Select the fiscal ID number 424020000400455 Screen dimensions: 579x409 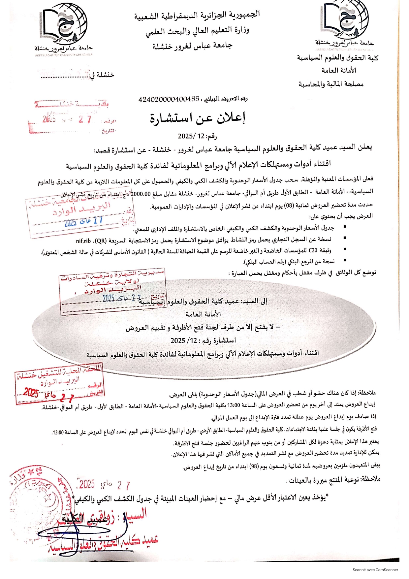[x=169, y=99]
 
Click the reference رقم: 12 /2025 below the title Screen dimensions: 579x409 [x=197, y=136]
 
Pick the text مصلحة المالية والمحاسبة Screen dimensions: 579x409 [x=331, y=84]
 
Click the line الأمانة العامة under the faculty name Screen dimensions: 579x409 [x=339, y=71]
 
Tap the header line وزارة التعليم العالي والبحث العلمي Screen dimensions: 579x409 [x=197, y=31]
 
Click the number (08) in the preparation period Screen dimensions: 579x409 [x=289, y=206]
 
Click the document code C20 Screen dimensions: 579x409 [x=313, y=250]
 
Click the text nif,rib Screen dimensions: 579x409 [x=83, y=241]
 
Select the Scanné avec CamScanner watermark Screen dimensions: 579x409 [x=375, y=570]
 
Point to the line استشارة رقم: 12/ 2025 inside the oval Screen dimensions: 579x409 [x=203, y=340]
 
